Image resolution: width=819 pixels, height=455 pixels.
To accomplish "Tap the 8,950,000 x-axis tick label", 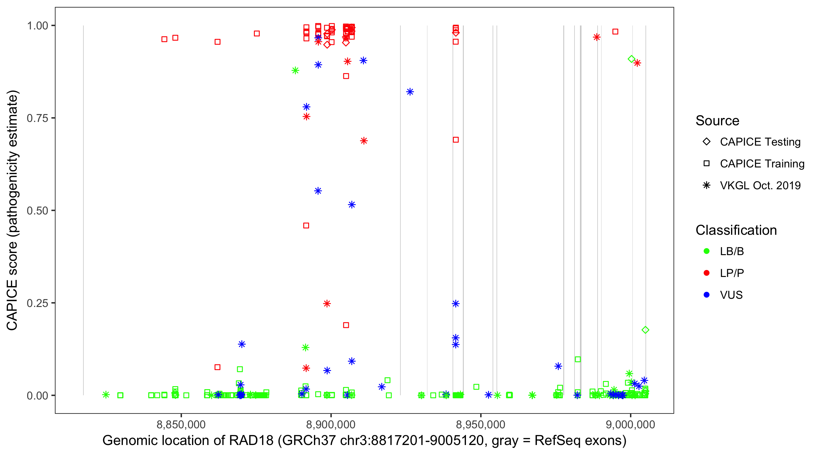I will (x=480, y=424).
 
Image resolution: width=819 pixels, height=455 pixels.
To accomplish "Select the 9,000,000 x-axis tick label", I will (x=630, y=424).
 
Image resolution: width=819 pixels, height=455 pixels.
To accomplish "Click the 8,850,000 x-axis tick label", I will (x=181, y=424).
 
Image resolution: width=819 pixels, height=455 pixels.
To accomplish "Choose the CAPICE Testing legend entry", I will (x=760, y=142).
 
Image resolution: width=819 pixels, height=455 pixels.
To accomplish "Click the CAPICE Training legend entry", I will (x=762, y=164).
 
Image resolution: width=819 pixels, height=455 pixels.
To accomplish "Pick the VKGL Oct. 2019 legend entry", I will (x=760, y=185).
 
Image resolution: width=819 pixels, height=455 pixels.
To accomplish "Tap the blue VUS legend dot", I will (x=706, y=295).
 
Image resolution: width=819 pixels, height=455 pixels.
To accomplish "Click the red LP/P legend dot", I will (x=706, y=273).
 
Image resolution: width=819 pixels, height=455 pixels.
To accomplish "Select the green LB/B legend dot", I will (x=706, y=251).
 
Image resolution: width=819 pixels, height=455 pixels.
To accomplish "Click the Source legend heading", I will (x=717, y=121).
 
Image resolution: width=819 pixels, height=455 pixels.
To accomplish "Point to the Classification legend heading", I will (x=736, y=230).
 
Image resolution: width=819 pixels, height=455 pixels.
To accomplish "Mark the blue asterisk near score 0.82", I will (x=410, y=92).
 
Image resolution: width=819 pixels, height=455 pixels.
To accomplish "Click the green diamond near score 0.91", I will (x=632, y=59).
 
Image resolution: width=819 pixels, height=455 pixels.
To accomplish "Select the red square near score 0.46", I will (x=306, y=225).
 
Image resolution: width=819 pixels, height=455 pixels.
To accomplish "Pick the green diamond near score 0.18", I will (x=645, y=330).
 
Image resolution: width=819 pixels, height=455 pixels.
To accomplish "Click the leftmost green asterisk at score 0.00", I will (x=106, y=395).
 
